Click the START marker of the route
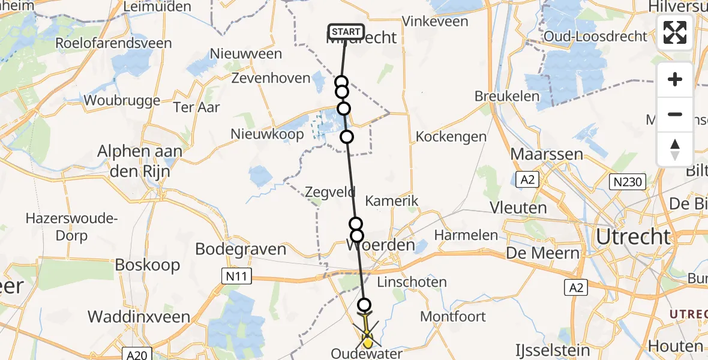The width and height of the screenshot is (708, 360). tap(346, 32)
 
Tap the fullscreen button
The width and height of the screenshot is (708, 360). tap(675, 32)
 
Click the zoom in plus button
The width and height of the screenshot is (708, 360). tap(675, 79)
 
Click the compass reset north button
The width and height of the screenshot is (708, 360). tap(675, 149)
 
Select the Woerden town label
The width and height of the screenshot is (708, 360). tap(381, 245)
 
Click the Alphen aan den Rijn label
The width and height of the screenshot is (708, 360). tap(139, 161)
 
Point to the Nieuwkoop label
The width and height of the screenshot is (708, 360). tap(267, 134)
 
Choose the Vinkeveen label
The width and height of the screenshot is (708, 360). tap(435, 21)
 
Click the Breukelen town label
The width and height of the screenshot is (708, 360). tap(505, 96)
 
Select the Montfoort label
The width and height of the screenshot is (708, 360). tap(453, 316)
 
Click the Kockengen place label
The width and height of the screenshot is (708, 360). tap(451, 136)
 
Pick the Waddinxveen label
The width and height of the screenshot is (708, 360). tap(139, 317)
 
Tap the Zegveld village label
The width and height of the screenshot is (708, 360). tap(330, 193)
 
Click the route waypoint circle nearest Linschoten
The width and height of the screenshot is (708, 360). tap(364, 304)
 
